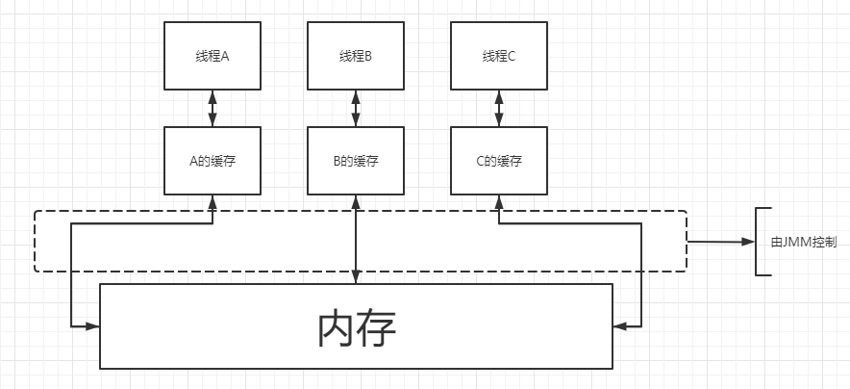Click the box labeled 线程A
tap(212, 56)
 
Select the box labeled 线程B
tap(355, 56)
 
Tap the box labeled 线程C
tap(498, 56)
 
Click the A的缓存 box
tap(212, 161)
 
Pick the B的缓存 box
tap(355, 161)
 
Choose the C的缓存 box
tap(498, 161)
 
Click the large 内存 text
tap(356, 328)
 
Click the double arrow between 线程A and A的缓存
tap(212, 108)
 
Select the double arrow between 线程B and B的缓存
tap(355, 108)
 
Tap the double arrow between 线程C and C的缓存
tap(498, 108)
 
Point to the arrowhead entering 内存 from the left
tap(92, 326)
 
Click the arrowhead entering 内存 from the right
tap(620, 326)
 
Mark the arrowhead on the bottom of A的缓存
tap(212, 201)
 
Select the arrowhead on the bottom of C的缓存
tap(498, 201)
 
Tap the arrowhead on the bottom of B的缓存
tap(355, 201)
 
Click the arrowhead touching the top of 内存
tap(355, 277)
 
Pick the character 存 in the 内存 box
tap(377, 328)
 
